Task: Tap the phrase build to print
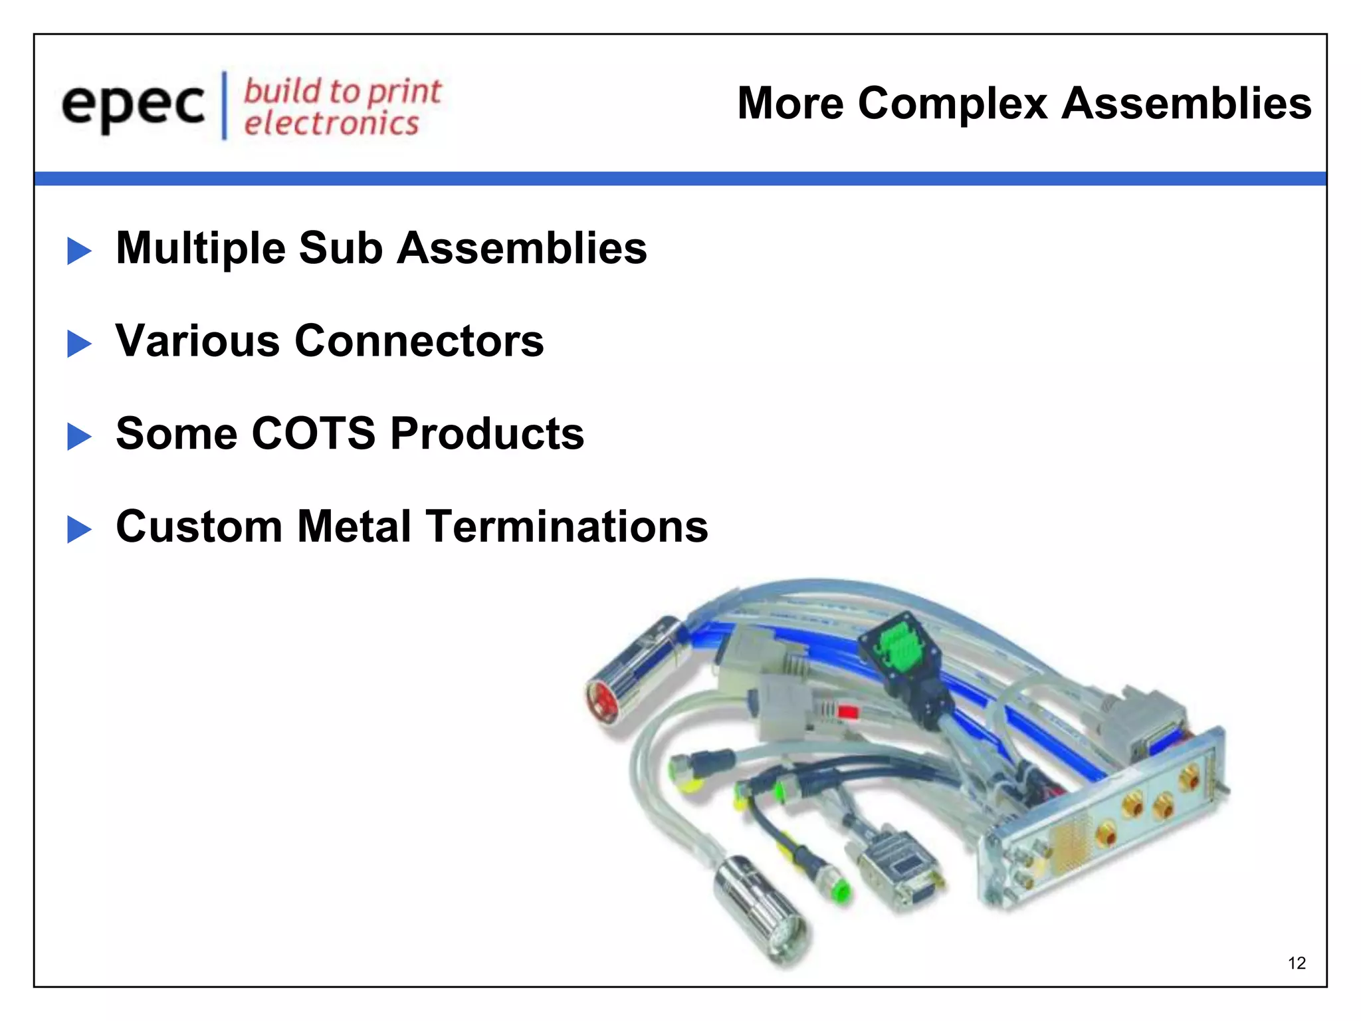pos(342,91)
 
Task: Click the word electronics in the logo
pos(331,124)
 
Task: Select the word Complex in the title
pos(952,104)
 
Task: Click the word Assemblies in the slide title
pos(1186,104)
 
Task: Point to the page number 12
pos(1297,963)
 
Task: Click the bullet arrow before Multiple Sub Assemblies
pos(79,251)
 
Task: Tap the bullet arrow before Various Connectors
pos(79,344)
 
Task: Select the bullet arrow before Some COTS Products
pos(79,437)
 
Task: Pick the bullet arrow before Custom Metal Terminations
pos(79,530)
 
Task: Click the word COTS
pos(313,433)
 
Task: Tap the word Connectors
pos(419,341)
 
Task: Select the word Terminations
pos(566,526)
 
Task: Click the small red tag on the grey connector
pos(848,713)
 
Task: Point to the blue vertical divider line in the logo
pos(225,105)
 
